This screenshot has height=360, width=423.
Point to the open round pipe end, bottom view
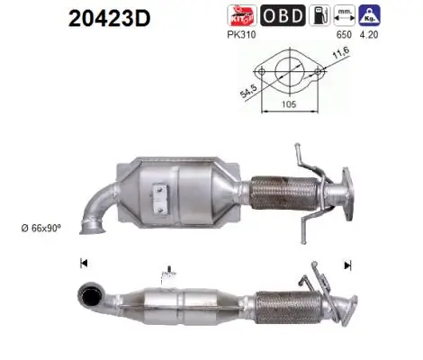[x=89, y=295]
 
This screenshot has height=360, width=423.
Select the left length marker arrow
[x=84, y=264]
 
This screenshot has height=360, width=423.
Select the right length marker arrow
[x=346, y=265]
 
